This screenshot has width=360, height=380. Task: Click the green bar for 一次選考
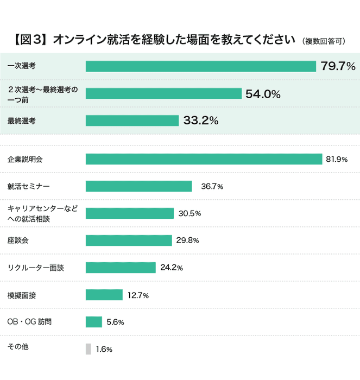(x=201, y=66)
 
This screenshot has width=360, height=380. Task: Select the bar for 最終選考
(x=132, y=121)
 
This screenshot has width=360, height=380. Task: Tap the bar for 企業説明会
(x=204, y=159)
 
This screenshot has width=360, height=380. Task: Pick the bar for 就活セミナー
(x=138, y=186)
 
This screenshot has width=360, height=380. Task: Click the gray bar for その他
(x=88, y=349)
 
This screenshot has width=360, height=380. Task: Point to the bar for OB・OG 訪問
(x=94, y=322)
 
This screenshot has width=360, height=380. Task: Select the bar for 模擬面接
(x=104, y=295)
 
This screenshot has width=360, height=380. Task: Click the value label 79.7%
(x=338, y=66)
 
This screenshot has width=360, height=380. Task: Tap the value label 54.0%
(x=263, y=93)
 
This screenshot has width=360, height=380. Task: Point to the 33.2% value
(x=201, y=121)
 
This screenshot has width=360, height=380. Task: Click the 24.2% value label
(x=172, y=268)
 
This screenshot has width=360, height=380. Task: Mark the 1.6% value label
(x=104, y=349)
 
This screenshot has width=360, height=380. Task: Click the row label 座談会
(x=18, y=239)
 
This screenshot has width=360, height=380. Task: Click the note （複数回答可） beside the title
(x=324, y=41)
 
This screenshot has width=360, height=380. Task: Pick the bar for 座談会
(x=129, y=240)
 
